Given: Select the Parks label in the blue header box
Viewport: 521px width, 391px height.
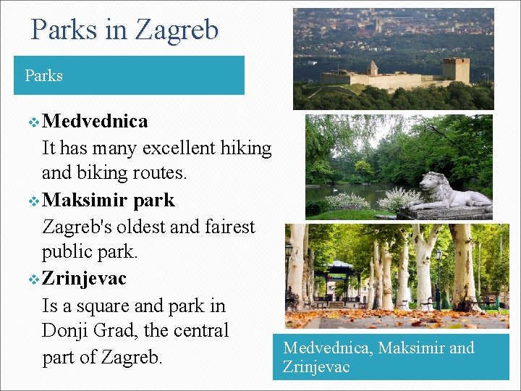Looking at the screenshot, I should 43,75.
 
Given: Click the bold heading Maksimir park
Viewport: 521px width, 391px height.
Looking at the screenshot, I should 109,200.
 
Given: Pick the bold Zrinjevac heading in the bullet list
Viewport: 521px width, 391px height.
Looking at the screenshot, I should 84,279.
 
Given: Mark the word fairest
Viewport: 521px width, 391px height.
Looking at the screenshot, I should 224,227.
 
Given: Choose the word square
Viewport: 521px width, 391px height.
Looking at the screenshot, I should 103,306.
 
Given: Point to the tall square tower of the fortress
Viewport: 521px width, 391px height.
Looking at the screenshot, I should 456,70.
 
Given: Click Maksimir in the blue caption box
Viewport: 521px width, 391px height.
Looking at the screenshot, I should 411,348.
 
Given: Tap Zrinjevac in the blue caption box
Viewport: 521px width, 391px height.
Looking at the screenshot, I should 316,366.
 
